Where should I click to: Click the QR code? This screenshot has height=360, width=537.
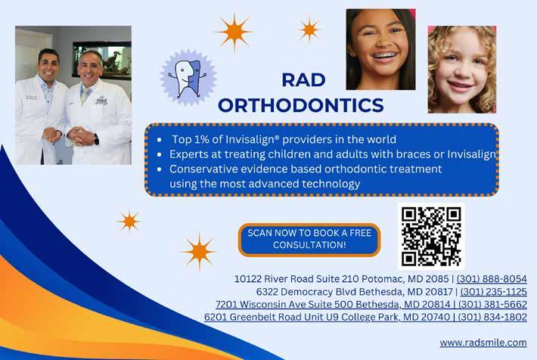pyautogui.click(x=431, y=237)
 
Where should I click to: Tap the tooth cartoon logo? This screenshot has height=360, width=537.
pyautogui.click(x=188, y=78)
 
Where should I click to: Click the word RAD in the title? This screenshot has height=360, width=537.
pyautogui.click(x=303, y=80)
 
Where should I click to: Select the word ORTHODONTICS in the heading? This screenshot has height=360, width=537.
pyautogui.click(x=301, y=105)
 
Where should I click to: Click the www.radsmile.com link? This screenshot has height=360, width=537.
pyautogui.click(x=483, y=343)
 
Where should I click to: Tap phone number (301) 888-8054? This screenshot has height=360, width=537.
pyautogui.click(x=492, y=279)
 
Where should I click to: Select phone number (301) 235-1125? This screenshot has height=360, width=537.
pyautogui.click(x=493, y=291)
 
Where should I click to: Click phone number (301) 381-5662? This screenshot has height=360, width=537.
pyautogui.click(x=492, y=304)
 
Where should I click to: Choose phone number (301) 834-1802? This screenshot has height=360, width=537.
pyautogui.click(x=492, y=317)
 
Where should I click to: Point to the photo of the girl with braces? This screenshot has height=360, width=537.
pyautogui.click(x=381, y=49)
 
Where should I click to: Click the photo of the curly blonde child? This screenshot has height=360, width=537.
pyautogui.click(x=462, y=70)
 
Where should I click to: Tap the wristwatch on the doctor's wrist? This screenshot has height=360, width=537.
pyautogui.click(x=96, y=139)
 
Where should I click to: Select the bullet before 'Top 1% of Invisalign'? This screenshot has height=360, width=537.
pyautogui.click(x=160, y=140)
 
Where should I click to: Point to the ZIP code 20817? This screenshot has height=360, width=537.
pyautogui.click(x=438, y=291)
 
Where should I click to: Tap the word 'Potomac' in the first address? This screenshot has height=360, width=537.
pyautogui.click(x=383, y=279)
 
